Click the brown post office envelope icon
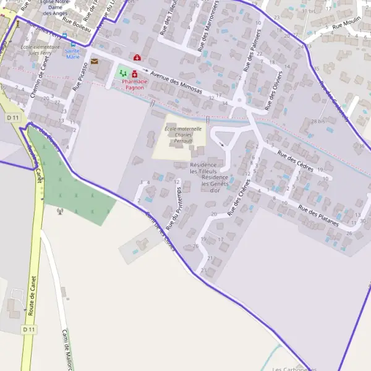(x=94, y=61)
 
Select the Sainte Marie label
(x=73, y=54)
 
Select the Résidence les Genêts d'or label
(x=215, y=184)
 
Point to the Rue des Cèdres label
(x=296, y=161)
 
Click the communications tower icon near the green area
(x=60, y=211)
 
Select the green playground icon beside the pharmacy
(x=122, y=73)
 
